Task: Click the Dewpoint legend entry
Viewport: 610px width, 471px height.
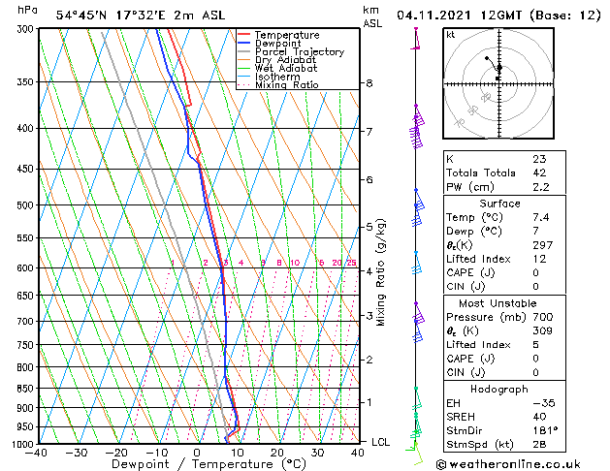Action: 278,44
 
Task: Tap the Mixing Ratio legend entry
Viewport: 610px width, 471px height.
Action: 286,85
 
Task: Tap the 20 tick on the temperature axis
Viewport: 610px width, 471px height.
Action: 277,453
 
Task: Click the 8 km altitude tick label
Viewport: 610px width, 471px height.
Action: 369,83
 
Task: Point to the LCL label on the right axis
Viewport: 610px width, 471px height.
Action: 381,442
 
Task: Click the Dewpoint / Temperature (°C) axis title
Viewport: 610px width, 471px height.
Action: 197,464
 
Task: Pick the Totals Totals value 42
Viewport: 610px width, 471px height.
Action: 539,173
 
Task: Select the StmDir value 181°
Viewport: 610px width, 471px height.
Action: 545,430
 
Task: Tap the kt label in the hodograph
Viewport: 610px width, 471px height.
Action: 451,35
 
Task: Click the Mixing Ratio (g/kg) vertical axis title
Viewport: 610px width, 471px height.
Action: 381,272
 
